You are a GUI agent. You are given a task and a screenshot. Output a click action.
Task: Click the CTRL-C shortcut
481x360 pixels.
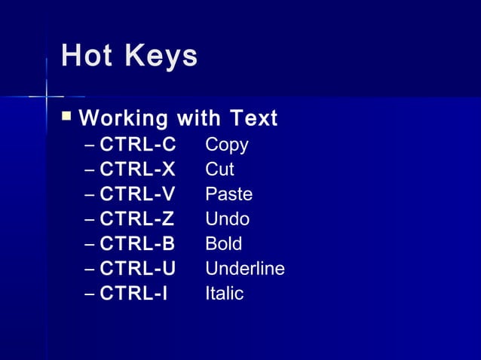coord(138,144)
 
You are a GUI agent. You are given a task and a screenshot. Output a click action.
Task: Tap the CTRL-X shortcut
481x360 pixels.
coord(138,169)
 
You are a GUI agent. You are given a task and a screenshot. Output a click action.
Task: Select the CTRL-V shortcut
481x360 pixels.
coord(138,194)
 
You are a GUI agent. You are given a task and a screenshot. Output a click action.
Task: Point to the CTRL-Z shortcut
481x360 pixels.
coord(137,219)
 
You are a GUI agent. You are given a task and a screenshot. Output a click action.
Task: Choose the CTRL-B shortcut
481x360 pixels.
coord(138,244)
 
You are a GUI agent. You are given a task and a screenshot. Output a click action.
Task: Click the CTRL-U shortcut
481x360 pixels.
coord(138,269)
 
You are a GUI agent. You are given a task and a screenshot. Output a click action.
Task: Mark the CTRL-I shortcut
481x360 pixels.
coord(134,294)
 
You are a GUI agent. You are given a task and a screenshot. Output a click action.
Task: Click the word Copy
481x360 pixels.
coord(227,145)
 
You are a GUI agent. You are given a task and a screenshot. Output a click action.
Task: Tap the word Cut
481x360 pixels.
coord(219,169)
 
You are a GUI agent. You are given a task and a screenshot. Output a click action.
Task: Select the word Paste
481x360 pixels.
coord(229,194)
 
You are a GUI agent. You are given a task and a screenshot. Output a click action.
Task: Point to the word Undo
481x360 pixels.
coord(227,219)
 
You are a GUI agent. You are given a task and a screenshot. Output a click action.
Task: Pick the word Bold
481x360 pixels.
coord(224,244)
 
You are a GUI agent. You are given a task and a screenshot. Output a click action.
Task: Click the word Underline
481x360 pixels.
coord(245,269)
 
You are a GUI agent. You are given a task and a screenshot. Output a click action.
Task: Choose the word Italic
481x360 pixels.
coord(225,294)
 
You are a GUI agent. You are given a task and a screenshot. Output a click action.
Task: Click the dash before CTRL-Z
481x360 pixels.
coord(90,220)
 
